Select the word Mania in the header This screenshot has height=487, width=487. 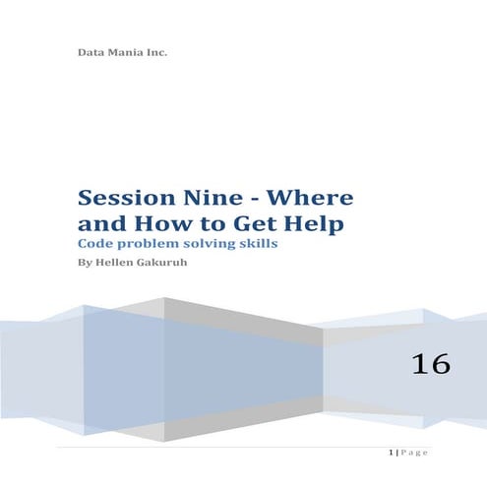point(127,51)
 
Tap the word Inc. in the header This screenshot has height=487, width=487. point(157,51)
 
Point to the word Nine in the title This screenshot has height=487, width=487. point(208,199)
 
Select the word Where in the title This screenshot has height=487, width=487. point(310,199)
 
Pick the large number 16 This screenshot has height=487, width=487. point(431,365)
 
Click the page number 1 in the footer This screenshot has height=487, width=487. point(392,452)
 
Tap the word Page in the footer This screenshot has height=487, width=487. point(415,452)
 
